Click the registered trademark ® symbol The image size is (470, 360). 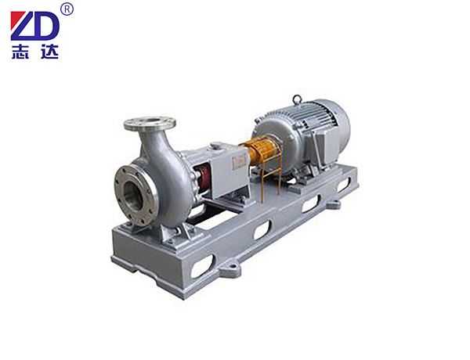pos(67,9)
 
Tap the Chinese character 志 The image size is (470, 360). pos(20,52)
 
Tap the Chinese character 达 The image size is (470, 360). pos(49,52)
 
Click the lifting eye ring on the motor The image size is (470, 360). pos(297,99)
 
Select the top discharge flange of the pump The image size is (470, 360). pos(150,124)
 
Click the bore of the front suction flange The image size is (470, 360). pos(133,196)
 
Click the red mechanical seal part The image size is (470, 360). pos(203,178)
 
